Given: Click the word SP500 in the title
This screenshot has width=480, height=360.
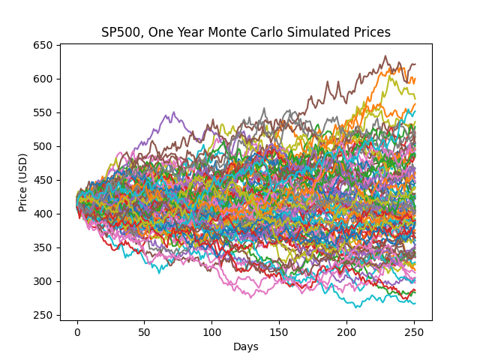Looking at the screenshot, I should (120, 32).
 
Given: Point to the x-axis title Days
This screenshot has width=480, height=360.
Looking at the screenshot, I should (246, 347).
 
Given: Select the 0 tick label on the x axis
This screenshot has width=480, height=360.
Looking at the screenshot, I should (77, 332).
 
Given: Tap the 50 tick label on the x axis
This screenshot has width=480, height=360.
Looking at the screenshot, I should (145, 332).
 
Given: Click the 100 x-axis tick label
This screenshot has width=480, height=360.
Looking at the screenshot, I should (212, 332).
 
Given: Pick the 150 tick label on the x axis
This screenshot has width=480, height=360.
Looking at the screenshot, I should (279, 332).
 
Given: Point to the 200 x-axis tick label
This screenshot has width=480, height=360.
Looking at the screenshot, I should (346, 332).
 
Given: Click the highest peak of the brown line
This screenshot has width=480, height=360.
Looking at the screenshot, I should (385, 56).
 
